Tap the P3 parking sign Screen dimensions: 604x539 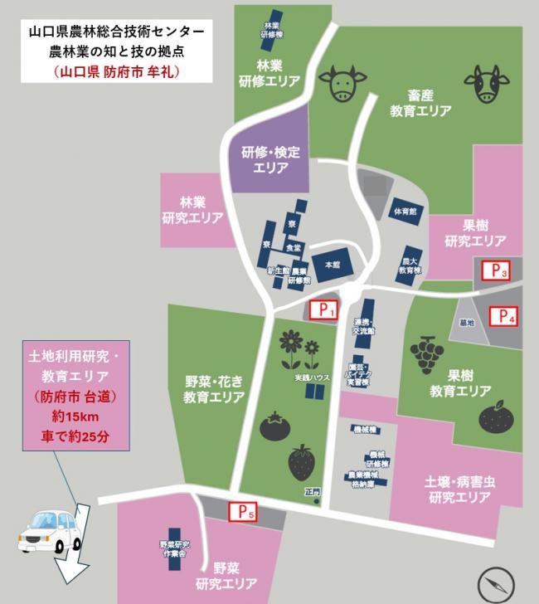495,269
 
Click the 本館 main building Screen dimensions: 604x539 332,263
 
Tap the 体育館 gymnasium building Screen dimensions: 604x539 405,210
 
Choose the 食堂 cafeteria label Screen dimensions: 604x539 293,247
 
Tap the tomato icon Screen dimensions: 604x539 274,427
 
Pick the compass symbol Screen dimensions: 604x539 495,583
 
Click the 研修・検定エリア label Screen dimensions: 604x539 270,159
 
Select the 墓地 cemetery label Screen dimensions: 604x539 465,323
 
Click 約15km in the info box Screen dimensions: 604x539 74,415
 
